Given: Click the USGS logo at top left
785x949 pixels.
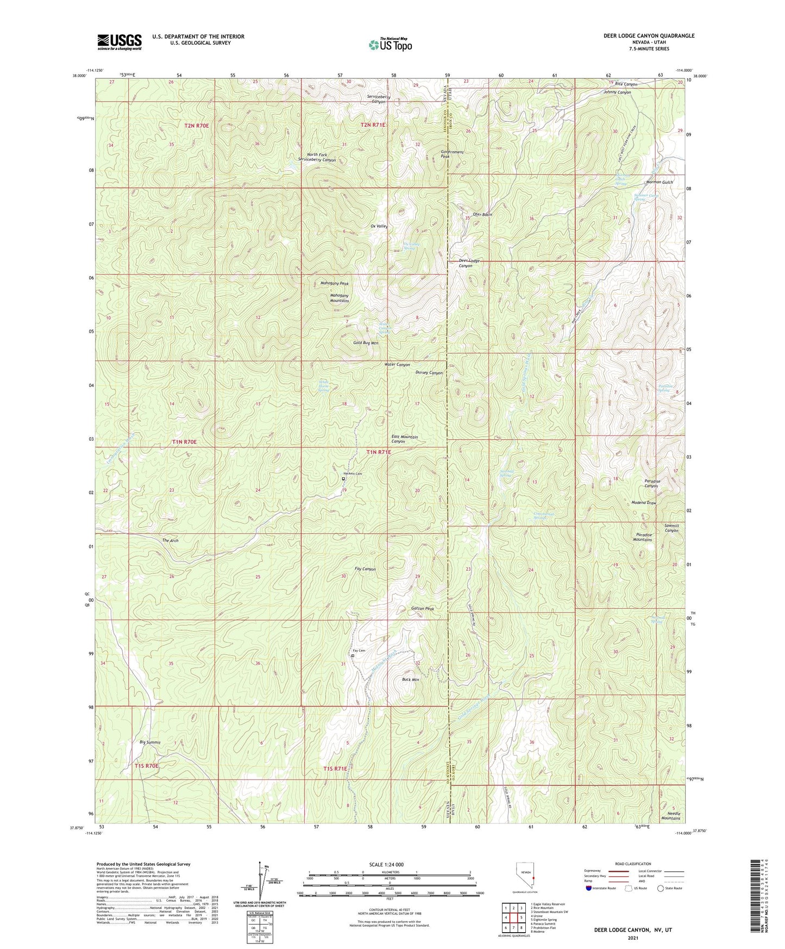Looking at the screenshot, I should click(x=120, y=41).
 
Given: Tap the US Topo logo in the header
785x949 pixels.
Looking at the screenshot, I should click(x=390, y=45).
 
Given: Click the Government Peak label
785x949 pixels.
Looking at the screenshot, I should click(x=453, y=154).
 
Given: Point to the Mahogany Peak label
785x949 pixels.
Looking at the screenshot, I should click(x=335, y=284).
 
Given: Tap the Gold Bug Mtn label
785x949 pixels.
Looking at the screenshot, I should click(x=366, y=344).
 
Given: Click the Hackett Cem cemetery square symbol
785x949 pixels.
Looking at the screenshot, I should click(x=343, y=479).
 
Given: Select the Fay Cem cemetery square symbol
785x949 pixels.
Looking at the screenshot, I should click(x=353, y=656).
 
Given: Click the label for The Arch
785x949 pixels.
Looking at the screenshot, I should click(x=170, y=541).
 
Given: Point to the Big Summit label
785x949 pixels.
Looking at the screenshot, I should click(x=150, y=742).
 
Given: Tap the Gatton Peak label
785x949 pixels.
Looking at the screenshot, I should click(x=423, y=609).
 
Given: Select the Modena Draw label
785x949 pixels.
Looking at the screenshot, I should click(x=644, y=503).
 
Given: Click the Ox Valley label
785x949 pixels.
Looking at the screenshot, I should click(x=379, y=226).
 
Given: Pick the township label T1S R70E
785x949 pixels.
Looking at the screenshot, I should click(x=147, y=766).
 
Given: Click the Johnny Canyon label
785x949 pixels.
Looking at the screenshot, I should click(x=617, y=92).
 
